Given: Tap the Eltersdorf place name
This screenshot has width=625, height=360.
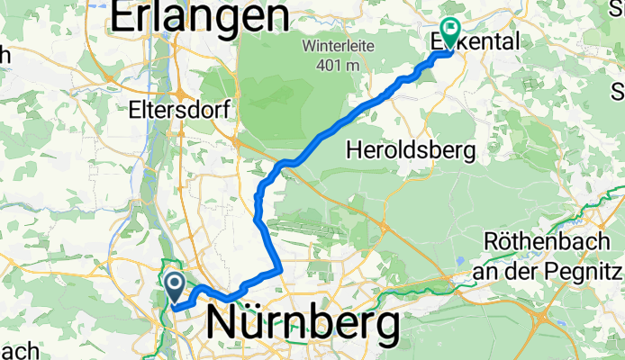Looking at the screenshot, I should (180, 110).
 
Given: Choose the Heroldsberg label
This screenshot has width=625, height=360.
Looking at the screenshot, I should (411, 150).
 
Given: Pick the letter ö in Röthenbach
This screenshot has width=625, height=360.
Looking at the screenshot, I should (506, 243).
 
